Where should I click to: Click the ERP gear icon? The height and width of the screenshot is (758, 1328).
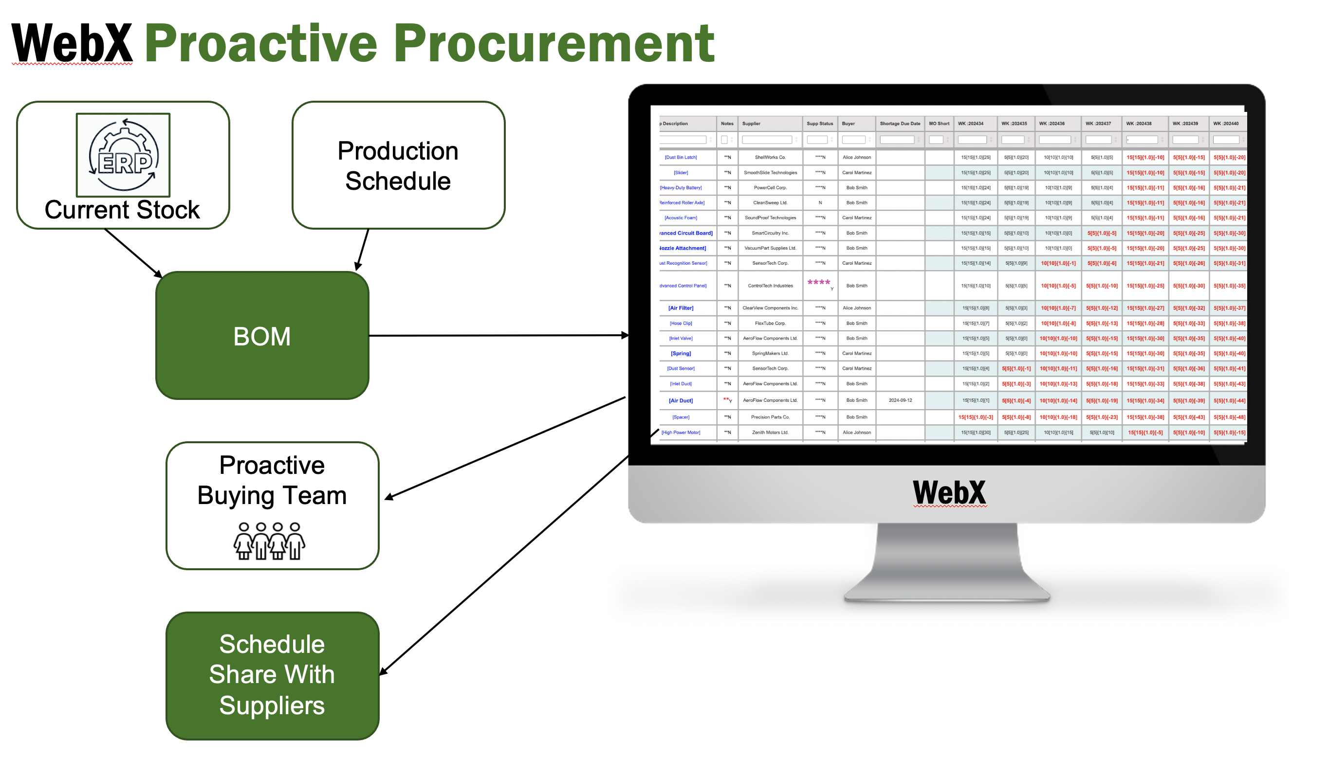124,155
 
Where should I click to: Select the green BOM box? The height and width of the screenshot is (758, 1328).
262,336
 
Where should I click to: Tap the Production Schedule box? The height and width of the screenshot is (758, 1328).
398,165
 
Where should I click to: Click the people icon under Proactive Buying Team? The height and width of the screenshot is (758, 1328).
269,541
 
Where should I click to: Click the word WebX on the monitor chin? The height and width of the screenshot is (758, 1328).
949,492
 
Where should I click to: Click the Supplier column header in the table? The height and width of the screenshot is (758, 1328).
752,124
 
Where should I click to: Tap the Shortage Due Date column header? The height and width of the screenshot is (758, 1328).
900,124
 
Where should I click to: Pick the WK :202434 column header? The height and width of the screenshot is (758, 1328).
970,124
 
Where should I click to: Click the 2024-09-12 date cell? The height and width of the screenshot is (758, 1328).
900,400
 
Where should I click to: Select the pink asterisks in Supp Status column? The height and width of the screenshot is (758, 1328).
819,282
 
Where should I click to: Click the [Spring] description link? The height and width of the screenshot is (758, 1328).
681,354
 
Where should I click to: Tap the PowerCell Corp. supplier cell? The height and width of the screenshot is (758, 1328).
770,188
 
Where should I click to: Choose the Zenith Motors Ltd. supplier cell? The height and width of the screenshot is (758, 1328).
770,433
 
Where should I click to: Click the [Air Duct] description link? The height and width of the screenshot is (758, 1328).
681,401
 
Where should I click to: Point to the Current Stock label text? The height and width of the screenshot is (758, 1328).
122,210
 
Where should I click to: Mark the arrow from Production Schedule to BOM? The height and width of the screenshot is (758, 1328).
363,251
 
